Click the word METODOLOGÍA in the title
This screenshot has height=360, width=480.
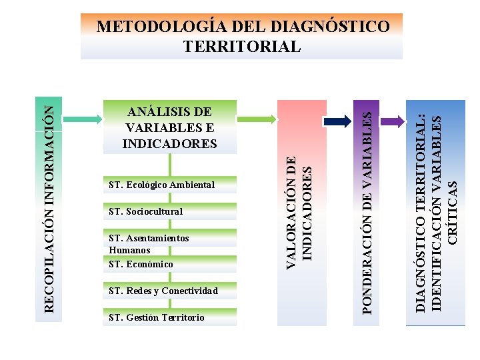tap(155, 27)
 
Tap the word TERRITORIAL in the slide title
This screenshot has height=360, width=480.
tap(242, 47)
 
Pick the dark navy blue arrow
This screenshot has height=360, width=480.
tap(337, 121)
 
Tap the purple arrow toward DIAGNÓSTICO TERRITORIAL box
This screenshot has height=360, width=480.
tap(393, 121)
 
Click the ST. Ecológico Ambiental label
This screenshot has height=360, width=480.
tap(161, 185)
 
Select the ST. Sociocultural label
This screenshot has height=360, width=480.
tap(145, 211)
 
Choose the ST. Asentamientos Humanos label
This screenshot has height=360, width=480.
tap(148, 243)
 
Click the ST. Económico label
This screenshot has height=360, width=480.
tap(141, 264)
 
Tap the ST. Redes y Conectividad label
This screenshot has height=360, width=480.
tap(163, 291)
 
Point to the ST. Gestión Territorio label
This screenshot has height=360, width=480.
tap(157, 317)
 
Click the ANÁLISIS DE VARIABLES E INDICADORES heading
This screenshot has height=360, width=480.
tap(169, 127)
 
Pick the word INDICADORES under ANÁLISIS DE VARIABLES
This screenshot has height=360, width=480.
tap(169, 143)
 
